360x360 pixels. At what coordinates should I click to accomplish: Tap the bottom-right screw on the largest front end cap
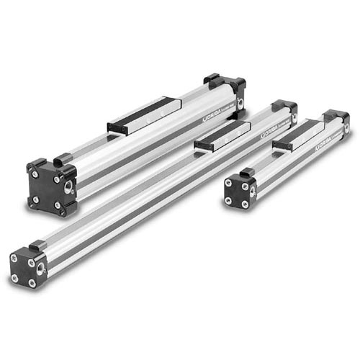pos(60,206)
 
